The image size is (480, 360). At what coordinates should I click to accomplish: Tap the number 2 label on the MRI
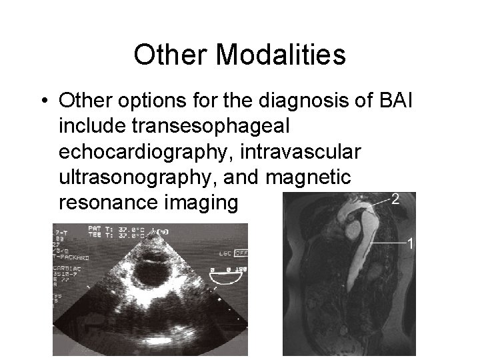click(395, 199)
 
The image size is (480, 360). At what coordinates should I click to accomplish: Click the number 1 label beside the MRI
click(411, 243)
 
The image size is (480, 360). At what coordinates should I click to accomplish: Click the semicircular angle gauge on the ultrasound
click(225, 273)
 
